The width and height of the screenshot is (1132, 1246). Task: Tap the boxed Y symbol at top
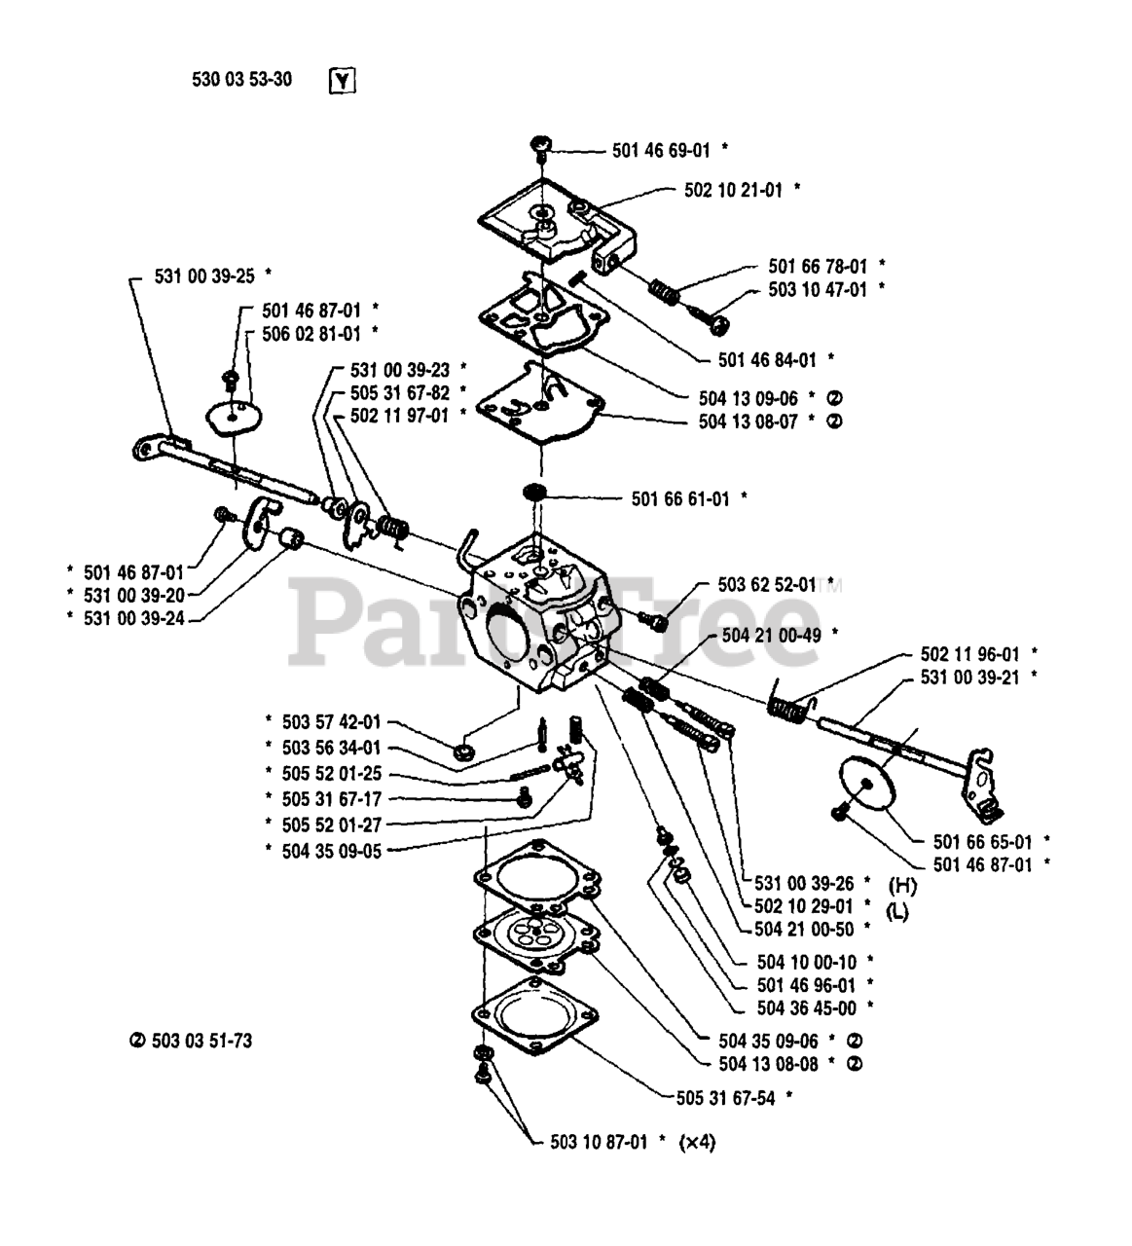342,81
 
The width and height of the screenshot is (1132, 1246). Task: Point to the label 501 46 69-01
661,150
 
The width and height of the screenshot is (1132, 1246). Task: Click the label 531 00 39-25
203,276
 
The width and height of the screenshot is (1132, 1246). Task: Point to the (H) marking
902,885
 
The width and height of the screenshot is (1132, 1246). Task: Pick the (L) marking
897,912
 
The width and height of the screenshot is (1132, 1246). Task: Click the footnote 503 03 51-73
199,1041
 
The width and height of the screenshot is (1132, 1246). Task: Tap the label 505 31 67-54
725,1098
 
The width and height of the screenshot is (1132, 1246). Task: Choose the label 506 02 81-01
310,334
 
